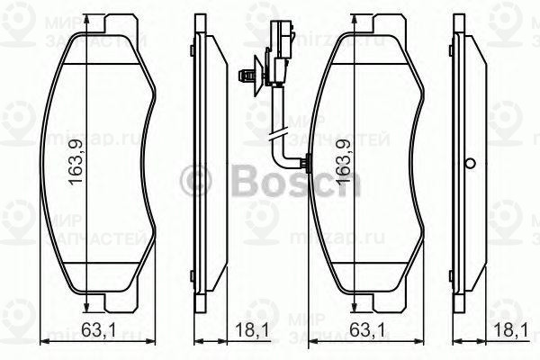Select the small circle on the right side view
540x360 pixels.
pyautogui.click(x=468, y=164)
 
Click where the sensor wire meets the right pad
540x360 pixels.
pyautogui.click(x=308, y=164)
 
